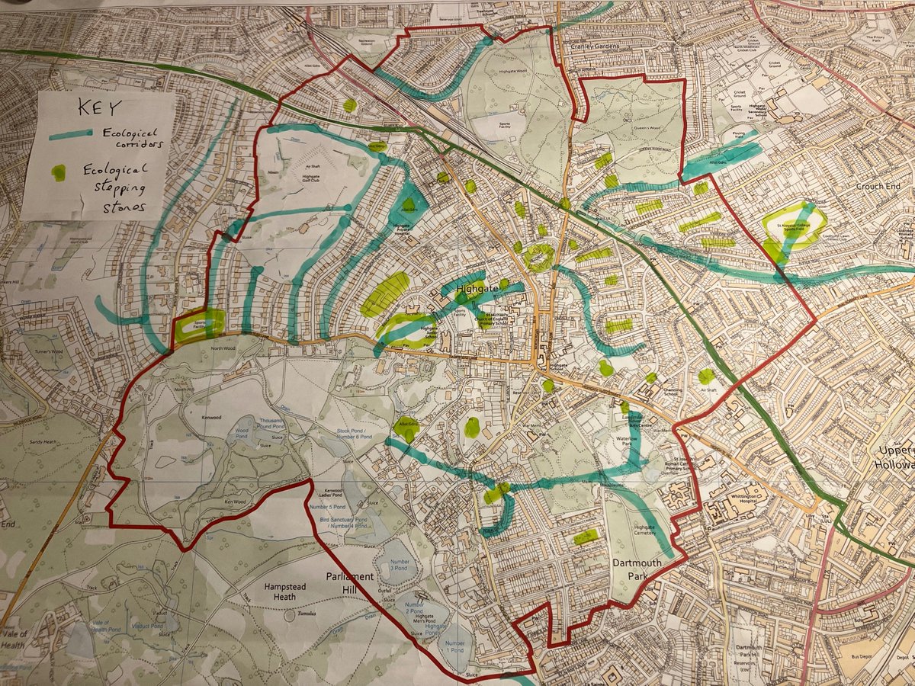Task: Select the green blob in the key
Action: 58,172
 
